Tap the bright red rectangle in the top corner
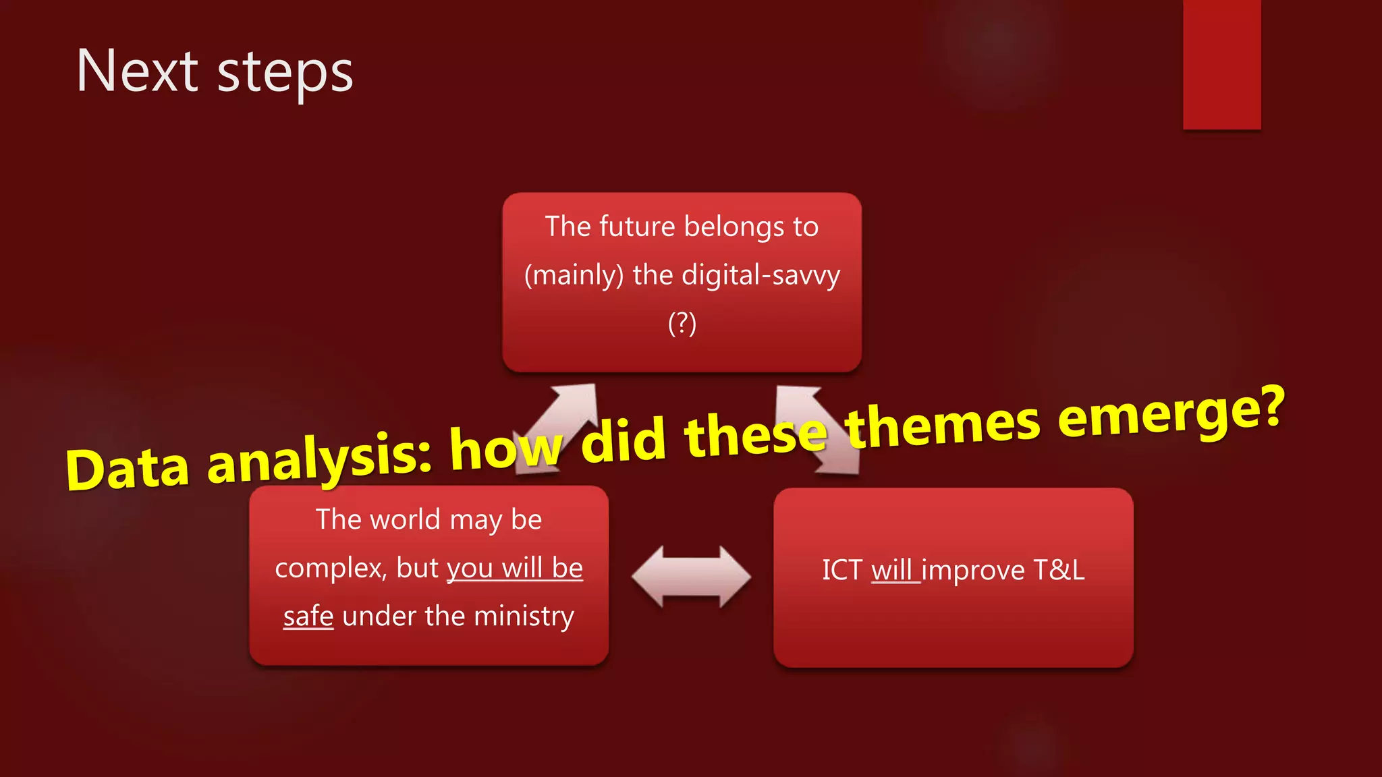[1221, 64]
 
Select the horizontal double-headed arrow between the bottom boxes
[691, 577]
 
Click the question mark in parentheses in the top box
[682, 323]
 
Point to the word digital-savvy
[761, 275]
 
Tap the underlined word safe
[308, 616]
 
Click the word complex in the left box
[331, 568]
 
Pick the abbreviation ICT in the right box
[841, 570]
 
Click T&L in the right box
[1059, 570]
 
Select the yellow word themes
[943, 426]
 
